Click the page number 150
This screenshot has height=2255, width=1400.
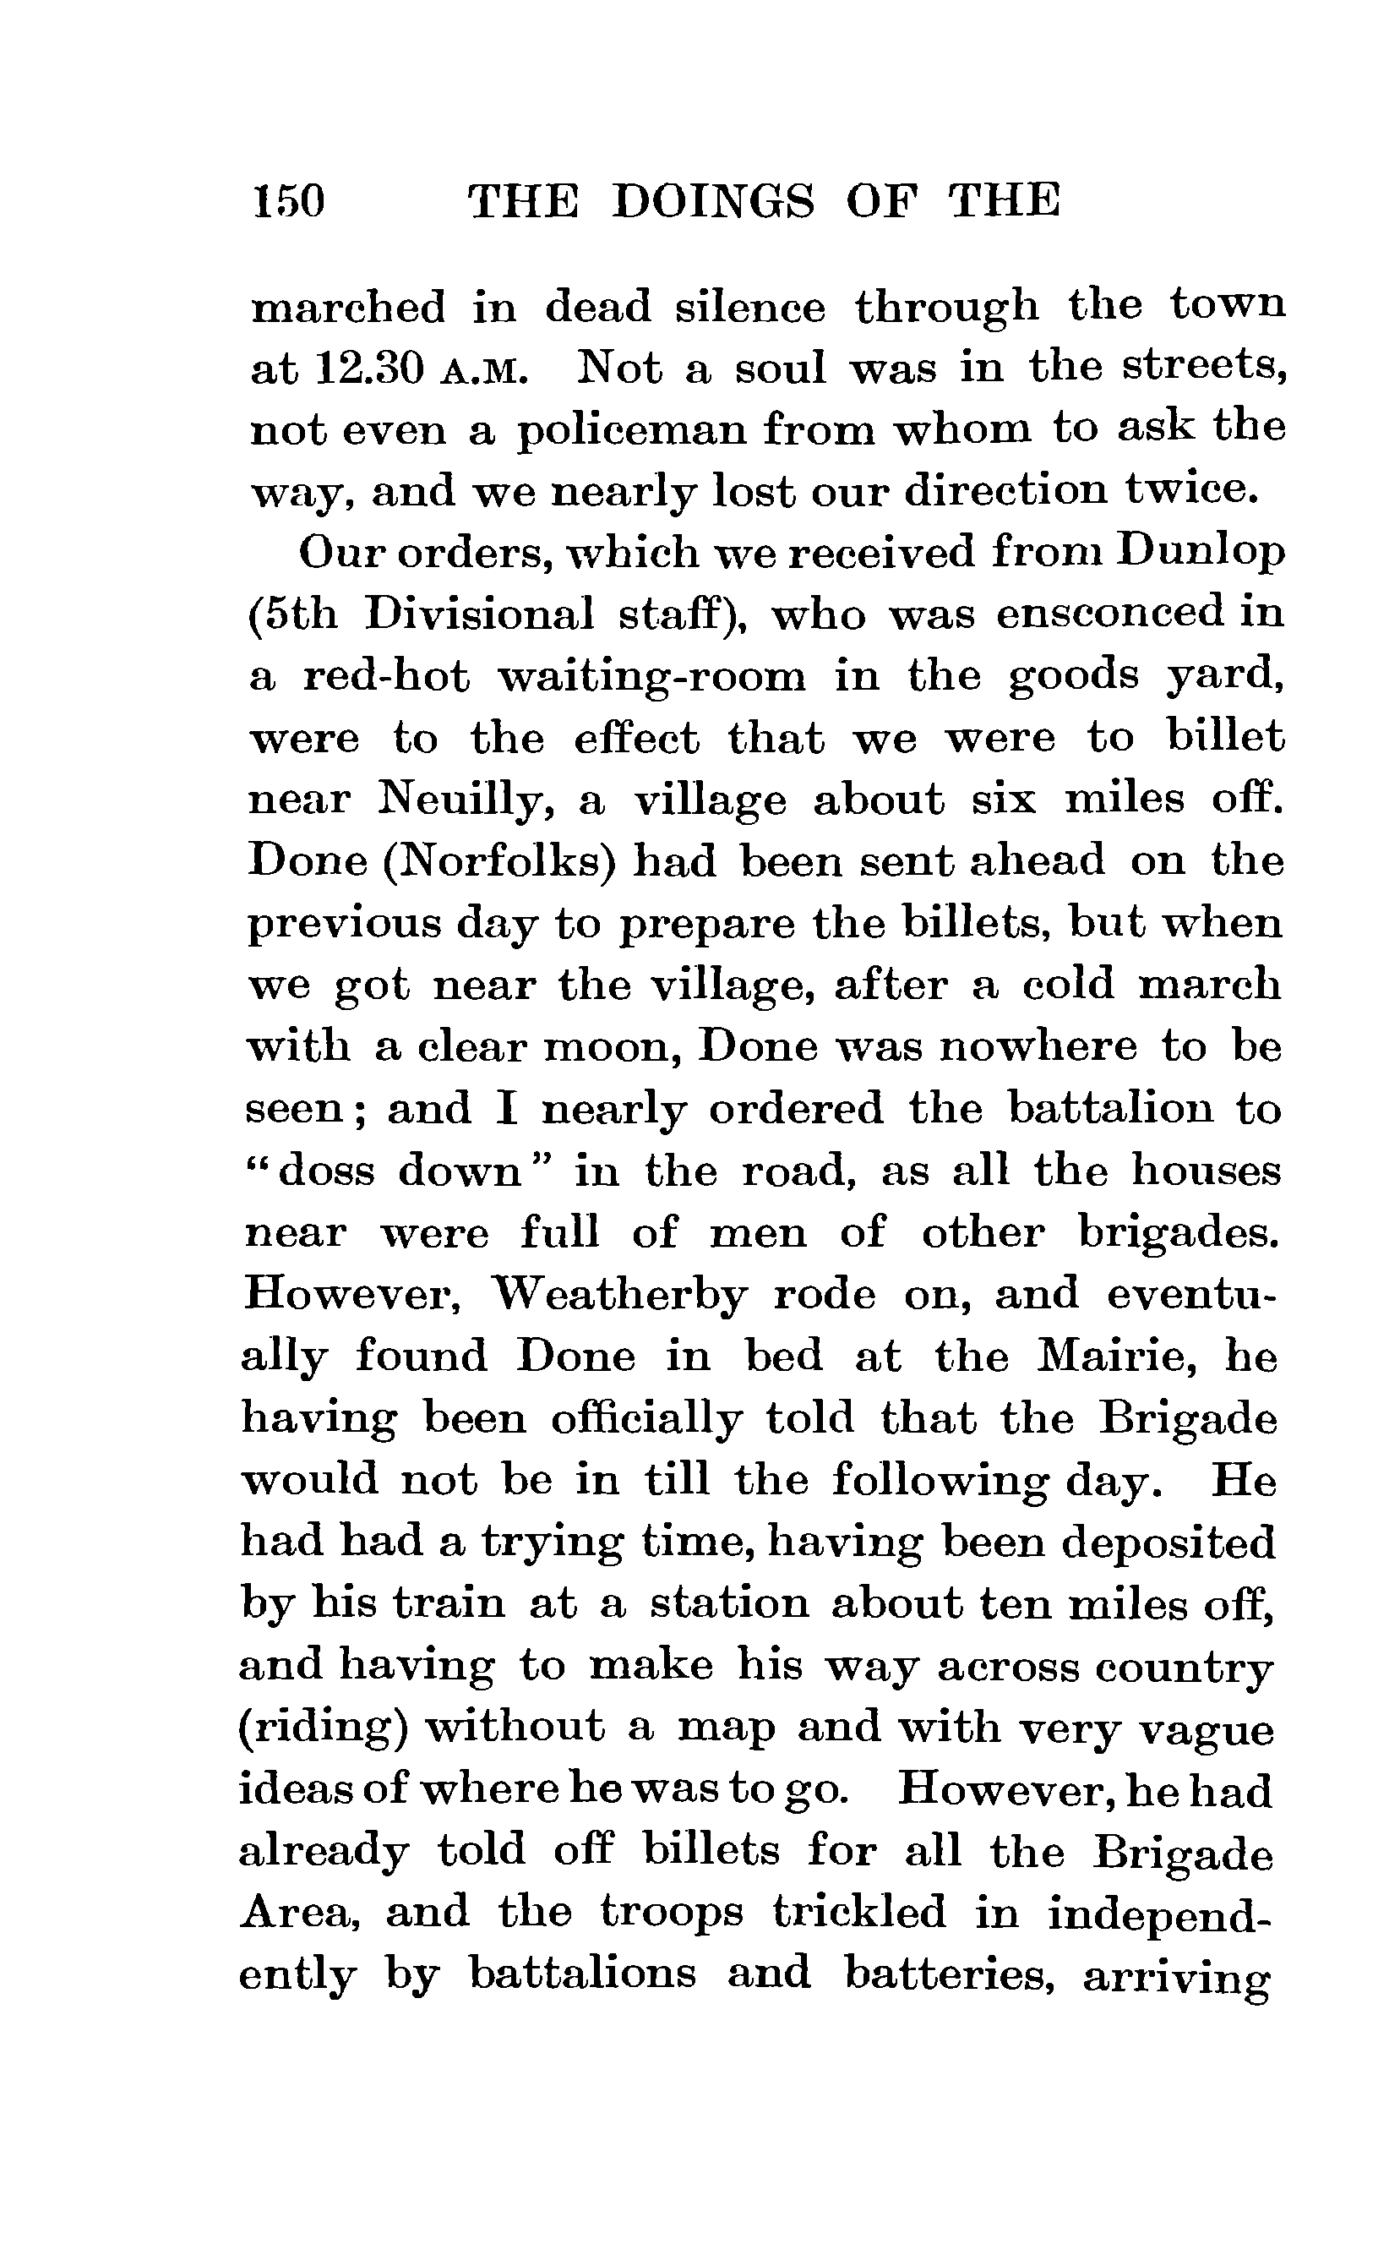pyautogui.click(x=288, y=200)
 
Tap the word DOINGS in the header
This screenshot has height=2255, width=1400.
pyautogui.click(x=714, y=200)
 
